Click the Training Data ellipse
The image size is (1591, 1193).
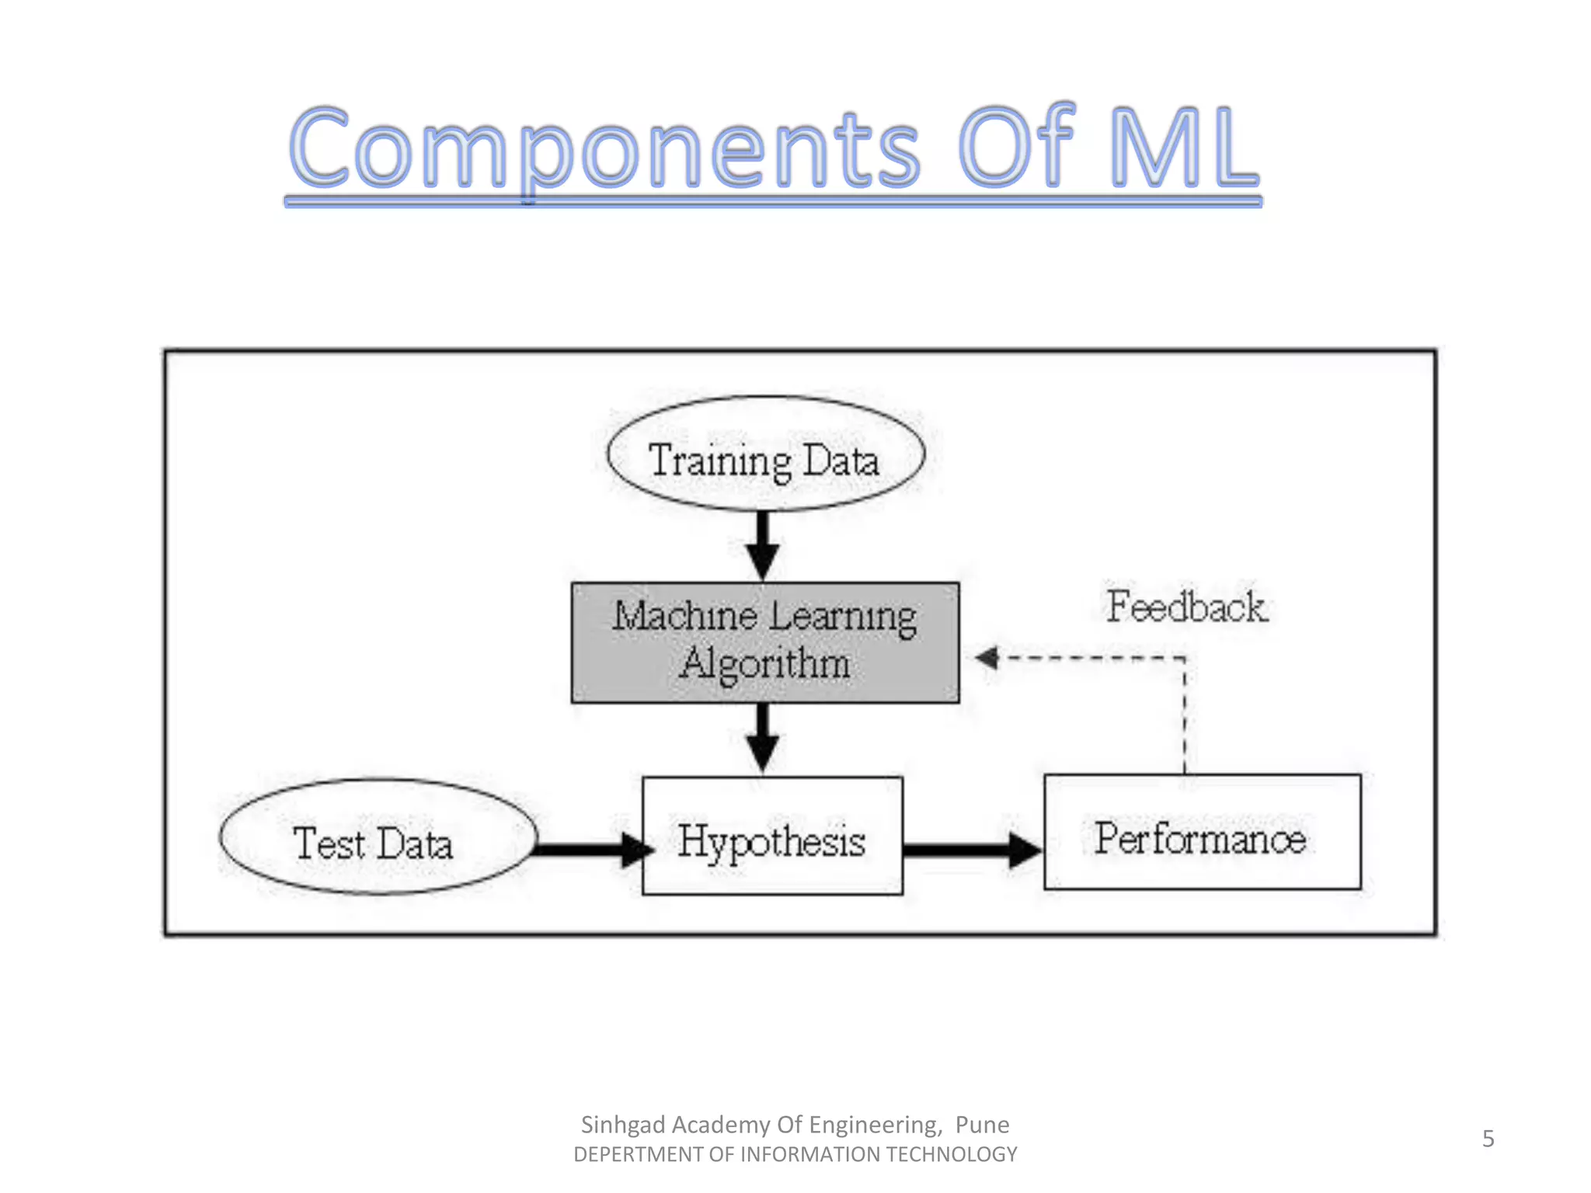click(x=765, y=454)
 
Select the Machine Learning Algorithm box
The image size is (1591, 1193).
click(x=765, y=642)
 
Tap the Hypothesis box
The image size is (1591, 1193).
click(x=772, y=836)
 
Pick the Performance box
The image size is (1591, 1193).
click(x=1202, y=833)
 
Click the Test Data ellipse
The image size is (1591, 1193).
click(x=378, y=836)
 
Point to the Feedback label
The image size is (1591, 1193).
click(x=1186, y=607)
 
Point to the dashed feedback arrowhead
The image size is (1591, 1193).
click(x=987, y=658)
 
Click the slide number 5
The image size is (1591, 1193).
click(x=1488, y=1139)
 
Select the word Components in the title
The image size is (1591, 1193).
click(x=604, y=149)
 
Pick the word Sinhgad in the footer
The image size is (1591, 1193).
click(x=623, y=1125)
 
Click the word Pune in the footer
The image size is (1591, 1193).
click(x=982, y=1125)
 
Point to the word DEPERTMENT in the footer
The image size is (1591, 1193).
click(x=638, y=1155)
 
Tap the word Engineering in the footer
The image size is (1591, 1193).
click(x=875, y=1125)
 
